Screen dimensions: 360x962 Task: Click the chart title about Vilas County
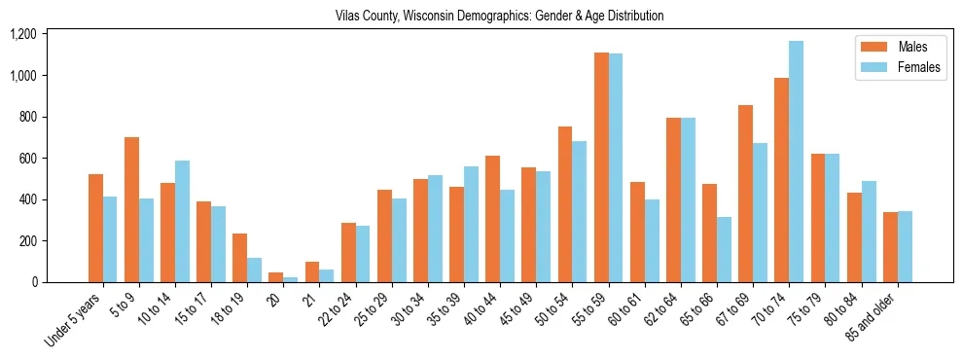coord(499,16)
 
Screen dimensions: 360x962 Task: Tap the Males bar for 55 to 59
coord(601,167)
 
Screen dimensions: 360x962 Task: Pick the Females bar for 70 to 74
coord(796,162)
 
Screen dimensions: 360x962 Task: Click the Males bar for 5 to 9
coord(131,209)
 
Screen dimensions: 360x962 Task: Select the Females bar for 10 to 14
coord(182,221)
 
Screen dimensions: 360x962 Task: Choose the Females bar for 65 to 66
coord(724,249)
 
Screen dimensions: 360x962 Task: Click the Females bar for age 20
coord(290,279)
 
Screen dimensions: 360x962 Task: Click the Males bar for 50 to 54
coord(564,204)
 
